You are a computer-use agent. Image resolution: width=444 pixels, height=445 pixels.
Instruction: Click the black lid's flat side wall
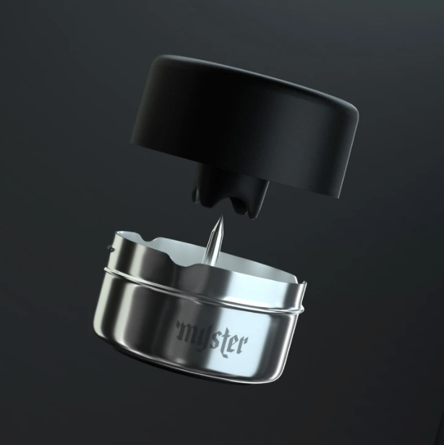tap(239, 137)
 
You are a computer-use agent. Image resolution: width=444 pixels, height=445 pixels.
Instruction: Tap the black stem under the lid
tap(231, 190)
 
